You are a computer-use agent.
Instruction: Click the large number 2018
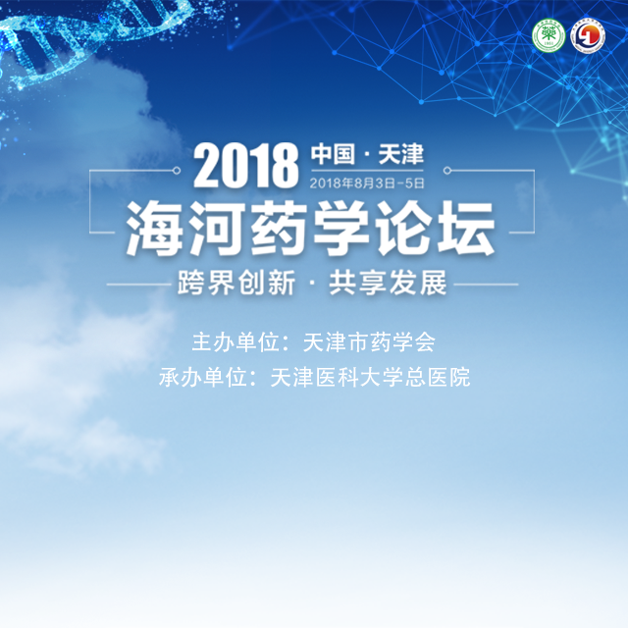(x=246, y=166)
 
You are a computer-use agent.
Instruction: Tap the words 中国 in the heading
(x=333, y=154)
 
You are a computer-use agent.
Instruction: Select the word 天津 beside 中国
(x=401, y=154)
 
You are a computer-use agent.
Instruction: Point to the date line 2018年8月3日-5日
(x=367, y=183)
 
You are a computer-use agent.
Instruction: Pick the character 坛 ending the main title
(x=466, y=228)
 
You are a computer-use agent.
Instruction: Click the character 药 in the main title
(x=279, y=228)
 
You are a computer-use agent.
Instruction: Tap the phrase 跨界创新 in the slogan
(x=236, y=283)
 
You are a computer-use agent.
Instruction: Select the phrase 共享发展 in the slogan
(x=388, y=283)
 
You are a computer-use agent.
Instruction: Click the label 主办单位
(x=235, y=342)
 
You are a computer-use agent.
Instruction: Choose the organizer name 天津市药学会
(x=369, y=342)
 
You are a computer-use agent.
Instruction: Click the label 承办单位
(x=203, y=377)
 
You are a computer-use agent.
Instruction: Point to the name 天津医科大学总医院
(x=370, y=377)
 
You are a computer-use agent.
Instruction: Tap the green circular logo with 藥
(x=549, y=36)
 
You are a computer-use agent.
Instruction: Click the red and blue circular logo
(x=588, y=36)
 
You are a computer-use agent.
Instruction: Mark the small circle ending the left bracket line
(x=177, y=171)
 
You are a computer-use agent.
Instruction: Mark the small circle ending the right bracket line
(x=447, y=171)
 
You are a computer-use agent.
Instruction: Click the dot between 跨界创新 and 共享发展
(x=312, y=284)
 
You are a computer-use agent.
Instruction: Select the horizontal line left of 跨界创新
(x=139, y=285)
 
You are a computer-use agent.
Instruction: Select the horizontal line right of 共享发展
(x=486, y=285)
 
